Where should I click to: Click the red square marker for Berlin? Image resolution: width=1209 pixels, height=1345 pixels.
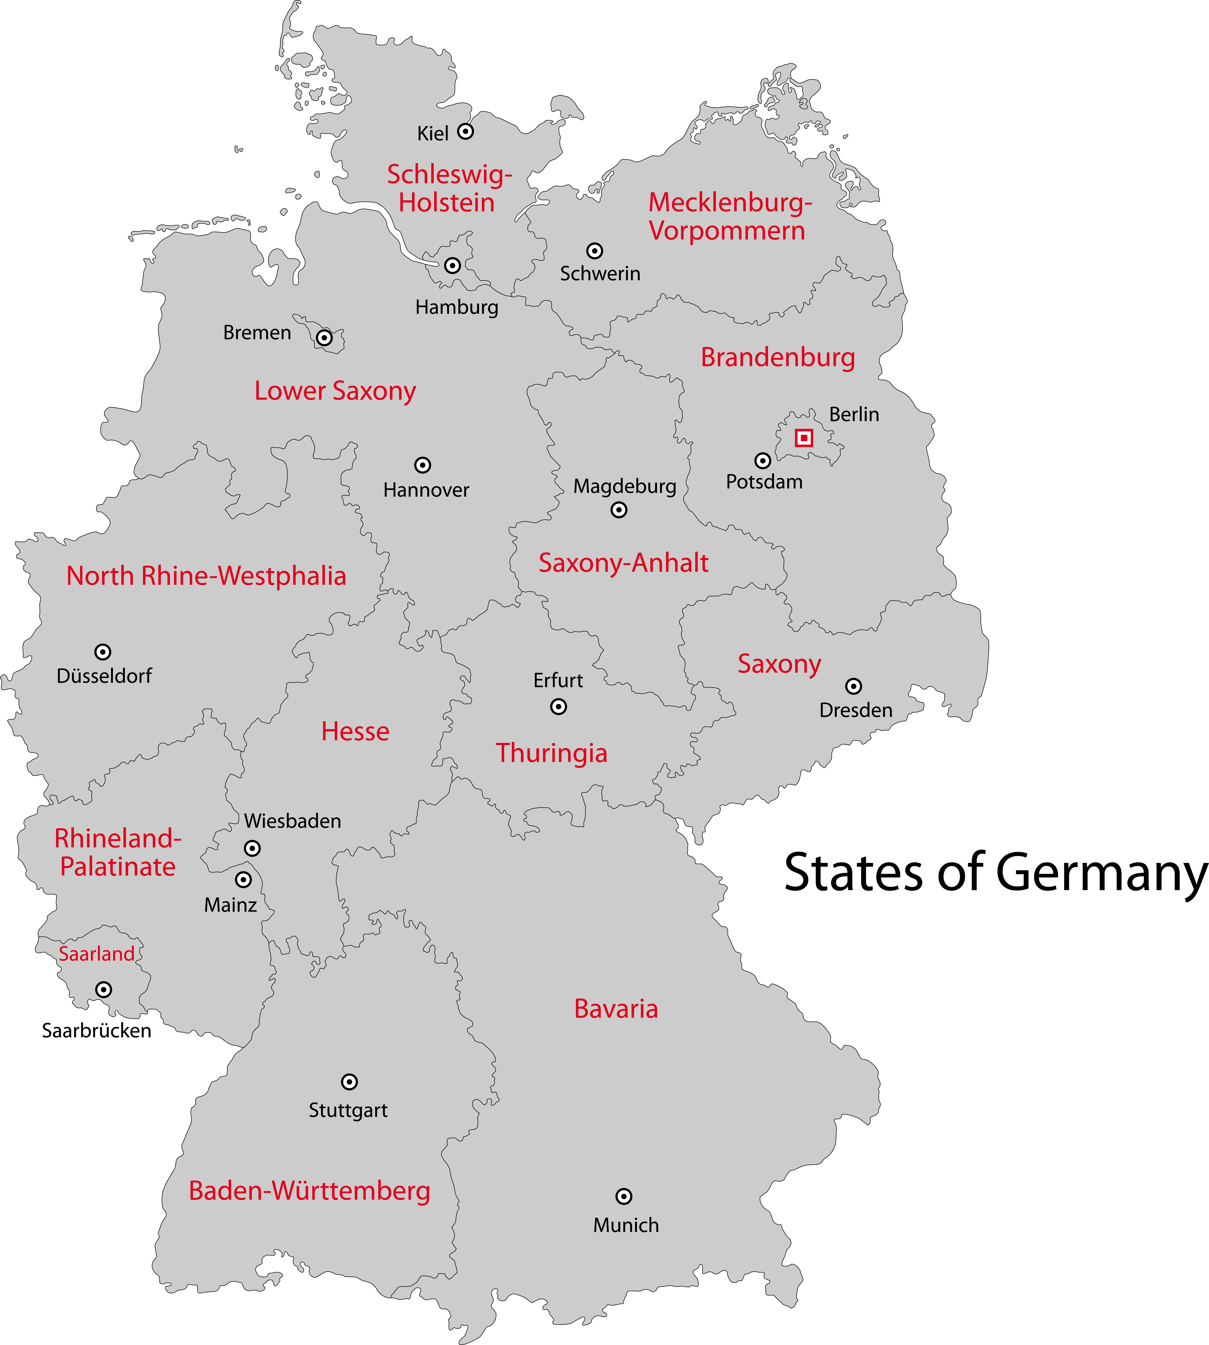(804, 438)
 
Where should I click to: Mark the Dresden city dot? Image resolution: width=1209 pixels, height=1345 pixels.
(854, 686)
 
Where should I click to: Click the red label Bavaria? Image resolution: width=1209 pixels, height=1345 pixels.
(616, 1009)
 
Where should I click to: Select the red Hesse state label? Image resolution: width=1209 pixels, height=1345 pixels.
(355, 731)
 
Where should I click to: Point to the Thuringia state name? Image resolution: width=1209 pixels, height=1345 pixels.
(551, 753)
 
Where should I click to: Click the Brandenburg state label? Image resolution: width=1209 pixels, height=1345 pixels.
(778, 357)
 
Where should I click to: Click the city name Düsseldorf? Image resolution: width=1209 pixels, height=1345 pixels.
(104, 676)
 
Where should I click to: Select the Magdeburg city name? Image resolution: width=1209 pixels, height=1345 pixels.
(624, 486)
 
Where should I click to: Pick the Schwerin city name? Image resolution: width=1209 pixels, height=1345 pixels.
(600, 274)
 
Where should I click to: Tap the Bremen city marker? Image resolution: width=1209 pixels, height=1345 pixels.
(324, 337)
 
